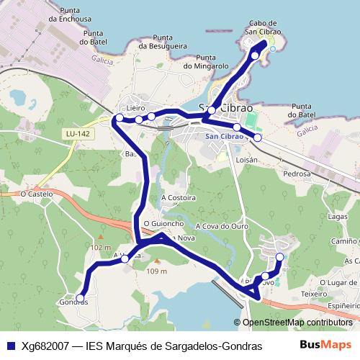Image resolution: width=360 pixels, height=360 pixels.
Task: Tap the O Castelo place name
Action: tap(37, 194)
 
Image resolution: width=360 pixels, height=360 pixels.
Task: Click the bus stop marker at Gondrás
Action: tap(80, 297)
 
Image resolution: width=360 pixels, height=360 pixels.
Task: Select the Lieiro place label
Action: tap(136, 108)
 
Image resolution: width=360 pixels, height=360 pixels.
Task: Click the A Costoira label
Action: tap(179, 197)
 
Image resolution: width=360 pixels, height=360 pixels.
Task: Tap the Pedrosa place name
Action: tap(297, 174)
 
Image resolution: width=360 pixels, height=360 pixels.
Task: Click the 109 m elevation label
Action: tap(157, 271)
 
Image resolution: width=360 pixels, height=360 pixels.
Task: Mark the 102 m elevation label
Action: tap(102, 247)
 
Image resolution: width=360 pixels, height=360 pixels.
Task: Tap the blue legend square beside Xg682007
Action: tap(10, 346)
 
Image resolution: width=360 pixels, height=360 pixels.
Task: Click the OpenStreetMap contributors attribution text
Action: tap(297, 323)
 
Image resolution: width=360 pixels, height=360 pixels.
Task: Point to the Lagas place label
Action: tap(337, 217)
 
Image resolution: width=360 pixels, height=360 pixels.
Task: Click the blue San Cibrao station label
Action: tap(224, 137)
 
